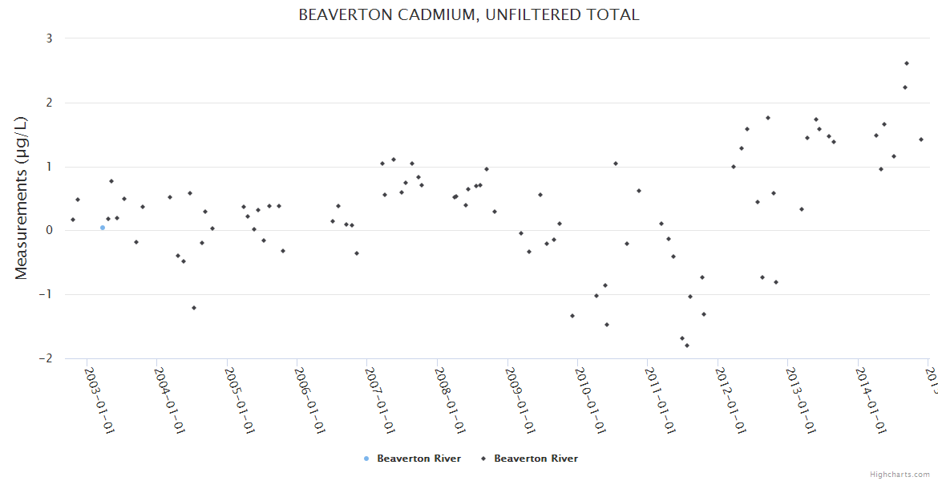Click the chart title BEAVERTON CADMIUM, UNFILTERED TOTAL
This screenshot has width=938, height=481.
[x=469, y=14]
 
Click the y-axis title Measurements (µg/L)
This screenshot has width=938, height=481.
[x=22, y=198]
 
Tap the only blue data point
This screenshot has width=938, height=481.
[x=103, y=228]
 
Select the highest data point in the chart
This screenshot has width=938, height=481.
[x=907, y=63]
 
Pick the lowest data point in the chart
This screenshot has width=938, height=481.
[x=687, y=346]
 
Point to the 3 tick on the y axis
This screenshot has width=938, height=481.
[x=49, y=38]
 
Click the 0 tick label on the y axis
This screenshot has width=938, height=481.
[x=49, y=231]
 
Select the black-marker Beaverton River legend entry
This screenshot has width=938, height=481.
[x=536, y=459]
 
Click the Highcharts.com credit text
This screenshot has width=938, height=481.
[x=900, y=475]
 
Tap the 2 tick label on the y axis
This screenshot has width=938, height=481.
[x=49, y=103]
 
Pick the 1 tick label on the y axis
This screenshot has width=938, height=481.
[x=49, y=167]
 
